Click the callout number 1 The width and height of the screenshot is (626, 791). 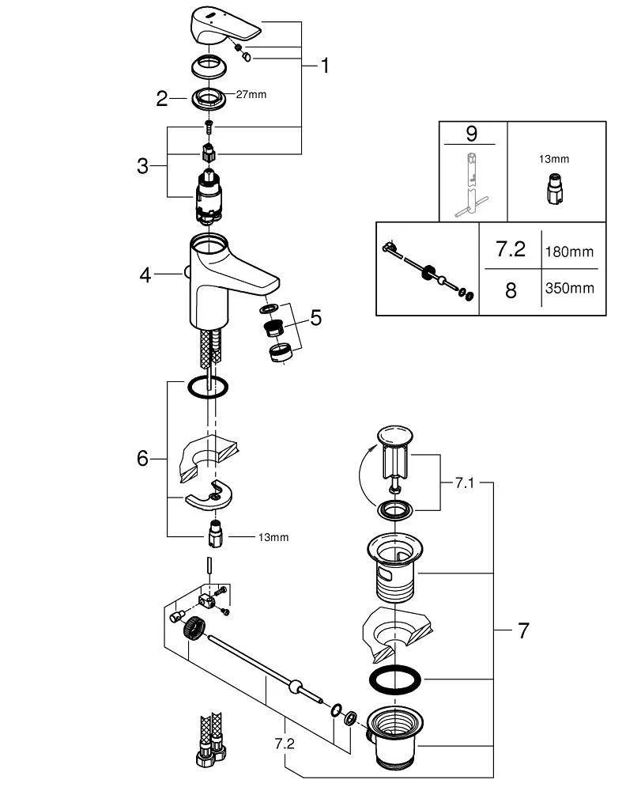[324, 66]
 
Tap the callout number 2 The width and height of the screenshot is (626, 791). [162, 99]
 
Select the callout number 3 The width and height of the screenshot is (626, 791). [142, 166]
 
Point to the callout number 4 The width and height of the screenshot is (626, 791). [145, 274]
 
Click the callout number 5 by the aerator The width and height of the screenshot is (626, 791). [315, 317]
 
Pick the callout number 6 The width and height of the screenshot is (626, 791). [142, 458]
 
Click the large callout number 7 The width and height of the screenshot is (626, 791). [522, 630]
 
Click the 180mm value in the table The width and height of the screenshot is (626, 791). [569, 252]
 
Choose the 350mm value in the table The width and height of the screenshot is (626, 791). [569, 288]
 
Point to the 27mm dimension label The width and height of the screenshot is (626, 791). [251, 95]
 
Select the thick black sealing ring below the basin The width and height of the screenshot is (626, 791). [395, 679]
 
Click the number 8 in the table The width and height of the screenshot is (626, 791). [511, 290]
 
